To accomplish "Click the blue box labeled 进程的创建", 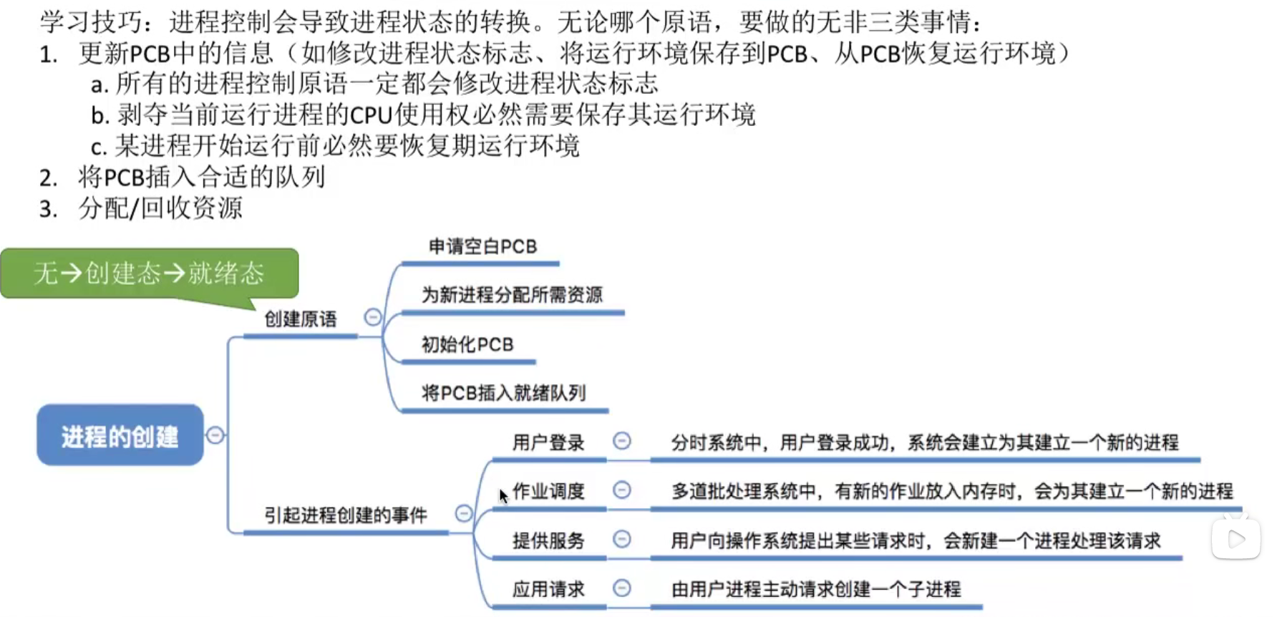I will tap(120, 435).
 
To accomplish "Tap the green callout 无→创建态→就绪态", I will tap(149, 273).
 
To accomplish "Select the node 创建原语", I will tap(301, 319).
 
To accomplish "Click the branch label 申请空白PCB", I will tap(482, 247).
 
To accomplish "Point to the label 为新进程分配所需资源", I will tap(512, 295).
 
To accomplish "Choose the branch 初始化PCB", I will tap(467, 345).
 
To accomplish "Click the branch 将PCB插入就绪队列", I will tap(504, 393).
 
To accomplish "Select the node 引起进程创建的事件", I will tap(346, 515).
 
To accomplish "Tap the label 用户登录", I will tap(548, 443).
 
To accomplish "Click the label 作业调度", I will tap(548, 492).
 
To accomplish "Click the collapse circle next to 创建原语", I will tap(373, 317).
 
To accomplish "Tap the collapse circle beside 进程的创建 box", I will tap(215, 434).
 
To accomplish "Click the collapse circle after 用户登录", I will tap(622, 441).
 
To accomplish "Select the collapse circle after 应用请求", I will tap(622, 588).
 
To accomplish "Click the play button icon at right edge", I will tap(1236, 539).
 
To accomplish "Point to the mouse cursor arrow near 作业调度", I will tap(503, 495).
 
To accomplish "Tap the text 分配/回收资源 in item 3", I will tap(160, 208).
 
